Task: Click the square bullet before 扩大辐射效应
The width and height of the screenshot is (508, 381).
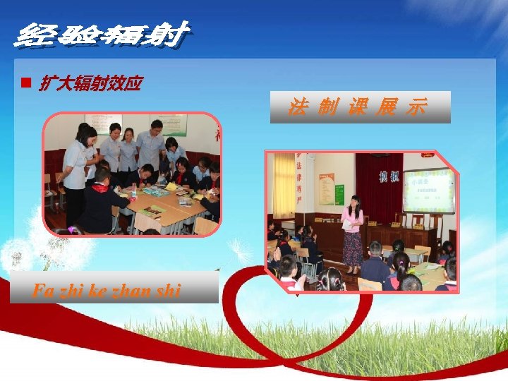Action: point(24,83)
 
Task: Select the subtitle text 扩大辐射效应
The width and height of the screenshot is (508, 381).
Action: point(90,85)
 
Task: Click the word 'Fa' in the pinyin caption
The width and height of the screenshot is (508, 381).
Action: point(42,289)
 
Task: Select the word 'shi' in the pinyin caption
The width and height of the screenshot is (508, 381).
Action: point(168,289)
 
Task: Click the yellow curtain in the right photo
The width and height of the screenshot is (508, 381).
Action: point(284,185)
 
